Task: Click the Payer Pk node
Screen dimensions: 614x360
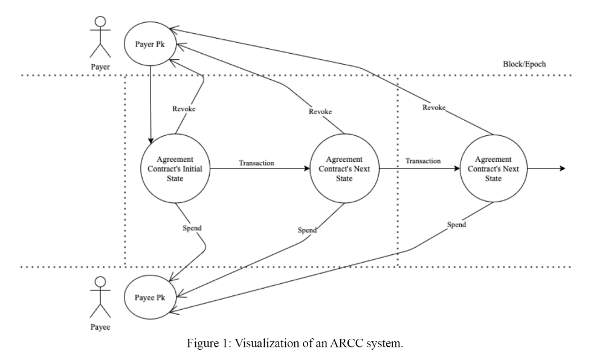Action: click(x=150, y=44)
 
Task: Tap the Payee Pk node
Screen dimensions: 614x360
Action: click(x=150, y=297)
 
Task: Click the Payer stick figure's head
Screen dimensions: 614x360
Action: click(x=101, y=22)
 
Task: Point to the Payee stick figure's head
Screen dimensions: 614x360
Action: click(x=101, y=281)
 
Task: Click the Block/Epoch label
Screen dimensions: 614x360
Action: click(x=525, y=64)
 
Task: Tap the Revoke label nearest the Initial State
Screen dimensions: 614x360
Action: click(x=184, y=109)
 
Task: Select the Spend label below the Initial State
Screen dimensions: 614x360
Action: click(x=192, y=228)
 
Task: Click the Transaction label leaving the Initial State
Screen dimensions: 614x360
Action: click(x=256, y=162)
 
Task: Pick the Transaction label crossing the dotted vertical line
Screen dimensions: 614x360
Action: click(x=423, y=161)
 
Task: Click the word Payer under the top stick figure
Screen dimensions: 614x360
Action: click(x=100, y=67)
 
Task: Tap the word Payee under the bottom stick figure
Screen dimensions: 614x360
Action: click(x=100, y=327)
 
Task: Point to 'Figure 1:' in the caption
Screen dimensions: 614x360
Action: click(x=209, y=343)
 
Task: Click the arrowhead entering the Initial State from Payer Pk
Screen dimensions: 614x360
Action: click(x=150, y=141)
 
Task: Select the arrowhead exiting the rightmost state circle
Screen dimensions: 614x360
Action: click(x=563, y=169)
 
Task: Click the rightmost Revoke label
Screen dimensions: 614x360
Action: click(x=434, y=108)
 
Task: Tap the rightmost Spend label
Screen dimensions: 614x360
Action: click(x=457, y=225)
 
